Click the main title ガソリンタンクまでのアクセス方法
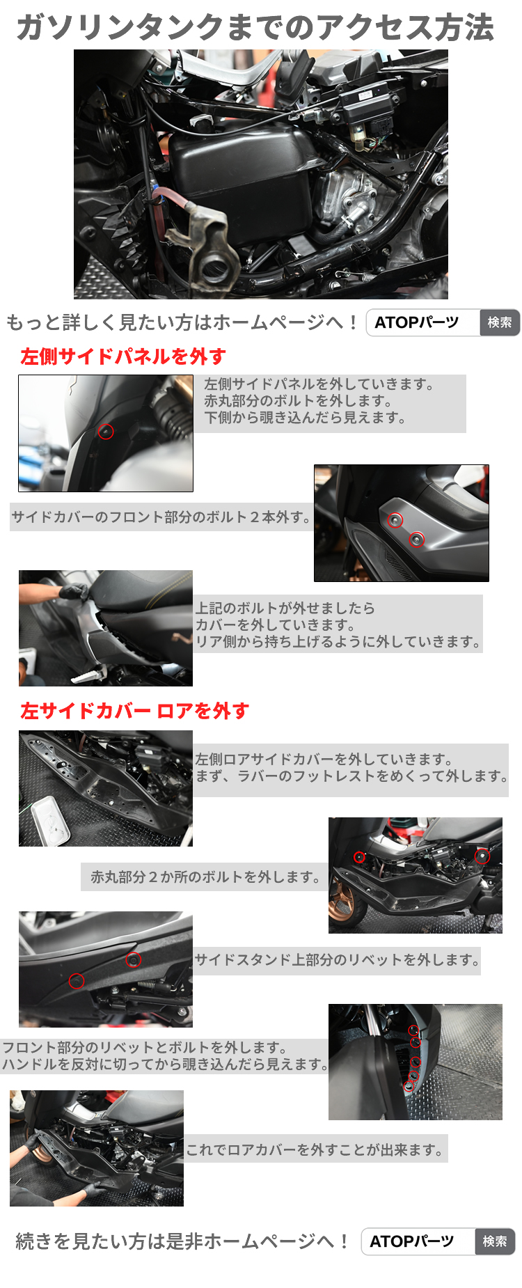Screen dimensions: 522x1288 click(255, 28)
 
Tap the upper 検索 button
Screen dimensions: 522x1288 click(500, 322)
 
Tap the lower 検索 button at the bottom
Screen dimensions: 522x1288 click(495, 1241)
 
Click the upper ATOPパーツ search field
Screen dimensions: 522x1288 click(423, 322)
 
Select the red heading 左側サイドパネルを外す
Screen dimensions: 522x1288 click(123, 356)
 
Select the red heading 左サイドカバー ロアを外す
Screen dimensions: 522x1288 click(134, 711)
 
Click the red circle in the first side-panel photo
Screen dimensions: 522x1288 click(106, 432)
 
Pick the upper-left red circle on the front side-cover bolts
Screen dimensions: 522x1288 click(395, 521)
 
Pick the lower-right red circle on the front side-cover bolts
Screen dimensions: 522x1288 click(417, 539)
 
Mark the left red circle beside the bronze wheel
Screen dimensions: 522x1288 click(359, 857)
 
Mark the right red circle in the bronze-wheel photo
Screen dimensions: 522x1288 click(482, 856)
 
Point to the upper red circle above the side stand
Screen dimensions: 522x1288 click(134, 960)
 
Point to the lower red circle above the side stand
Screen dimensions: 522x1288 click(77, 981)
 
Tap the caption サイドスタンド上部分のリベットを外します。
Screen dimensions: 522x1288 click(337, 960)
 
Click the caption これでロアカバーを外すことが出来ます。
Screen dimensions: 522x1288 click(315, 1149)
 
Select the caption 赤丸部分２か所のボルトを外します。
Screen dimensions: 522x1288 click(205, 877)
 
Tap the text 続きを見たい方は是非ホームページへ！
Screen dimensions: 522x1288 click(182, 1241)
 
